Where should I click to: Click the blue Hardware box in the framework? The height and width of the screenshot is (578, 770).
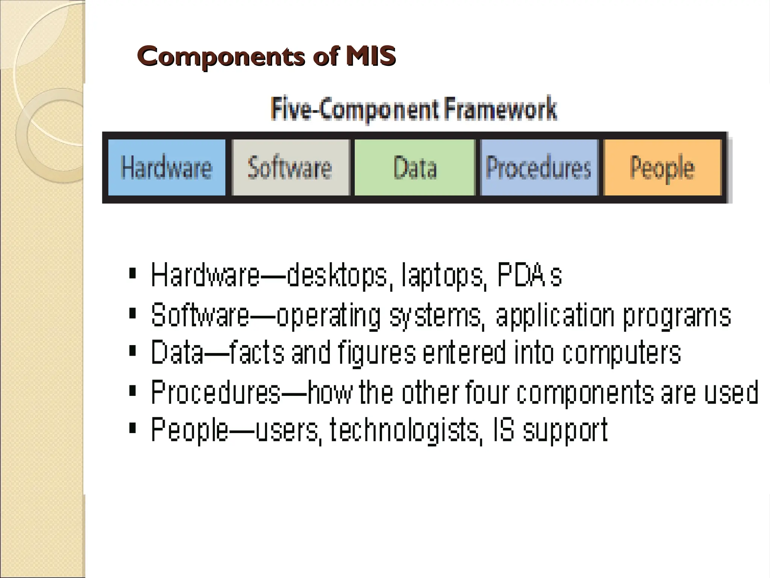167,167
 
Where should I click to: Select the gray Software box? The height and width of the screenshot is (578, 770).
290,167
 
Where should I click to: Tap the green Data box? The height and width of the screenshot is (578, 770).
415,167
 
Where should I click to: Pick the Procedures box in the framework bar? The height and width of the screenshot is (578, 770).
538,167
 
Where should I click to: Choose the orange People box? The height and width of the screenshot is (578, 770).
662,167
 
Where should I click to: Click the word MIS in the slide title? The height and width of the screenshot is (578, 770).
371,56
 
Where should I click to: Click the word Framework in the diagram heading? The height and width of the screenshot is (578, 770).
500,109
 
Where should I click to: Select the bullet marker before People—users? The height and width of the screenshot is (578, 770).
132,428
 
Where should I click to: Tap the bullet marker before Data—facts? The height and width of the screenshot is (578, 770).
132,351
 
